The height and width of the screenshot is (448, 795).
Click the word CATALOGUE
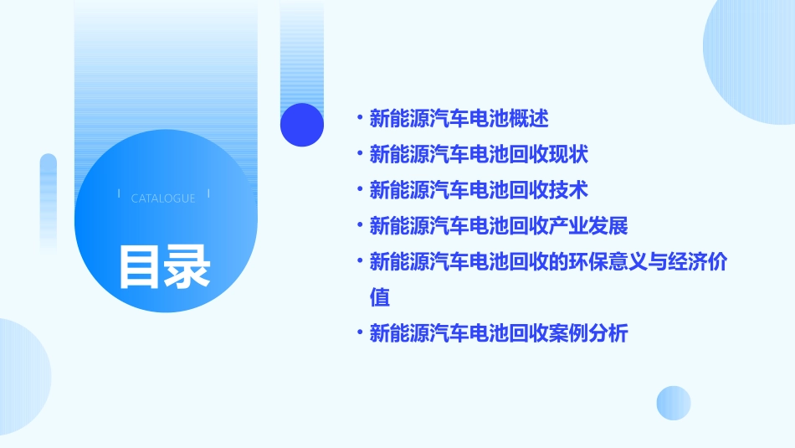point(163,198)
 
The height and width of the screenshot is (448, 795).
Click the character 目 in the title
point(140,266)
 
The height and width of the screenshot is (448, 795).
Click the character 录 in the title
point(187,266)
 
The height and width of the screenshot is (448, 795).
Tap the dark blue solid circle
point(302,125)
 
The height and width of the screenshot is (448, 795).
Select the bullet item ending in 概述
point(459,119)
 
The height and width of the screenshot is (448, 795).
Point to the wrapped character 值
point(379,297)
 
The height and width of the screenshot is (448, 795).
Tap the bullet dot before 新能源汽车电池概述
point(359,119)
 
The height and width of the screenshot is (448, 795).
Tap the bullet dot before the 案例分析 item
point(359,333)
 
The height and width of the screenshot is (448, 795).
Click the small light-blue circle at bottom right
point(674,403)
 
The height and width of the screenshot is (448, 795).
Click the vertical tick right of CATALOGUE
point(208,193)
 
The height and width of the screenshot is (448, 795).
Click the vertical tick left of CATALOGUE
point(119,193)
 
